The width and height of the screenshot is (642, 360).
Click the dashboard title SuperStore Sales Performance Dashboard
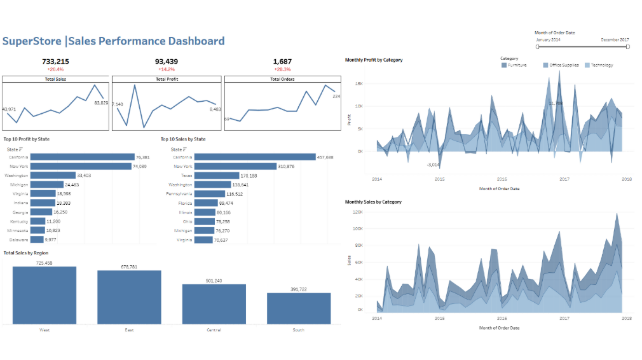click(113, 41)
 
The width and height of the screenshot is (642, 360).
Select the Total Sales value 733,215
click(55, 62)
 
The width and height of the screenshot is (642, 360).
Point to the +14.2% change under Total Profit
click(167, 69)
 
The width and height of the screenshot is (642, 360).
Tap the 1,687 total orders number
click(282, 62)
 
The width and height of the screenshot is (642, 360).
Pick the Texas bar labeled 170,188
click(216, 176)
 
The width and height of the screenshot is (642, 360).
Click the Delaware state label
click(18, 240)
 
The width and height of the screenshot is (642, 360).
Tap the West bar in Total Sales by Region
click(44, 295)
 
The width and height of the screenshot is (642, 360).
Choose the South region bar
click(299, 308)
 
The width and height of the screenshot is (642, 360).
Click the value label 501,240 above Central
click(214, 280)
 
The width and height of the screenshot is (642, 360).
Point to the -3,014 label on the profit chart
click(433, 164)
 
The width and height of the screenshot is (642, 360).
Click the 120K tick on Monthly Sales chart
click(357, 212)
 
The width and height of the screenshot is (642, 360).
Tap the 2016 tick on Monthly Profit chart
click(502, 179)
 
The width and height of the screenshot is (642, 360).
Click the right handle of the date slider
click(627, 46)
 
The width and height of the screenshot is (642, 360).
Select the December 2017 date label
click(615, 39)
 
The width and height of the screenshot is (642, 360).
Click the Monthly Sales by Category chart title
click(373, 202)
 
